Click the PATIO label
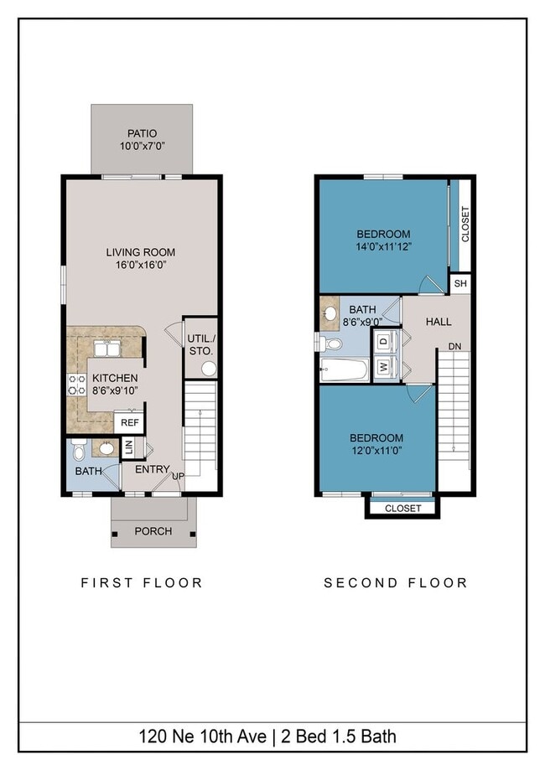coord(142,133)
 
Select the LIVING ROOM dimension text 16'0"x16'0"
coord(140,266)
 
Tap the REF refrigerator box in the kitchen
coord(129,423)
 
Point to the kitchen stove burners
coord(76,385)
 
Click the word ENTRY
coord(153,470)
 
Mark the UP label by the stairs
coord(179,476)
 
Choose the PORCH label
coord(153,531)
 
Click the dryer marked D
coord(384,341)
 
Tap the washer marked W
coord(384,367)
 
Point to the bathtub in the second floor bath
coord(345,369)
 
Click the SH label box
coord(459,284)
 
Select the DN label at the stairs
coord(454,346)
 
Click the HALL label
coord(438,322)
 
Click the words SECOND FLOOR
coord(395,582)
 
